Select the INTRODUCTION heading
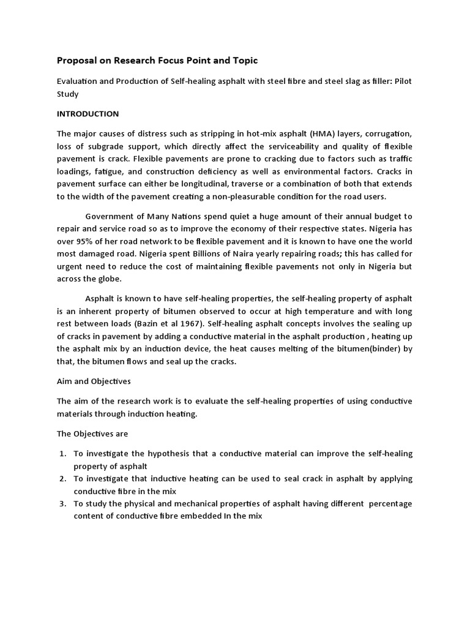click(x=88, y=114)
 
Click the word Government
click(x=109, y=216)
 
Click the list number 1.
click(x=62, y=453)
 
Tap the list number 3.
click(x=62, y=503)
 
